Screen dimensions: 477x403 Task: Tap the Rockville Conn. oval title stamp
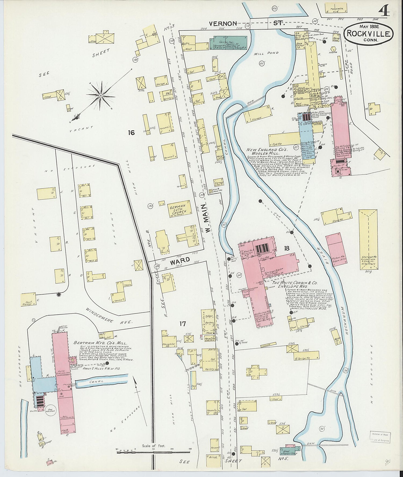pos(368,33)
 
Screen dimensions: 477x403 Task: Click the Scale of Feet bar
pos(153,452)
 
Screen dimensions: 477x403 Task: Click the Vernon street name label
pos(223,24)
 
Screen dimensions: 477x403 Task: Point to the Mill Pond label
pos(266,53)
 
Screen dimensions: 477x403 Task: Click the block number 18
pos(287,248)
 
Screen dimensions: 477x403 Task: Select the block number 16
pos(131,132)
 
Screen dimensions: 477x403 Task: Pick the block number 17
pos(182,324)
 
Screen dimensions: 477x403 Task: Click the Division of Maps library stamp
pos(380,437)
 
